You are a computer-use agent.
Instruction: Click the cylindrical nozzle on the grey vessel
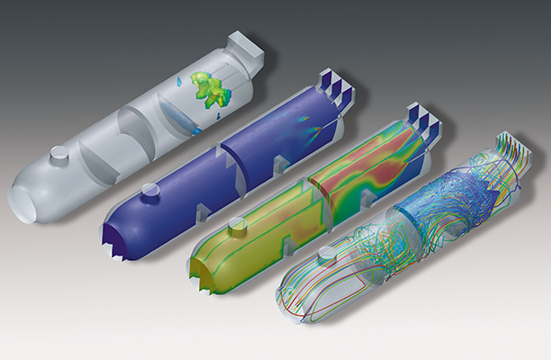click(x=59, y=156)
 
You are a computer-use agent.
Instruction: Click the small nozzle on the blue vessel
click(x=146, y=190)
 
